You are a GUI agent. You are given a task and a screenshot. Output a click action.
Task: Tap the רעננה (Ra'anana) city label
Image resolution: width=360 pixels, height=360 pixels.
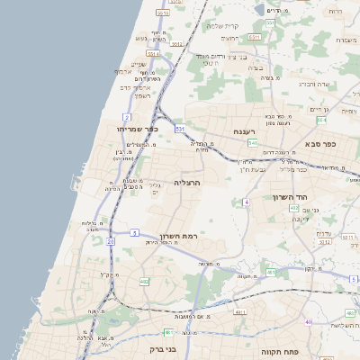(246, 132)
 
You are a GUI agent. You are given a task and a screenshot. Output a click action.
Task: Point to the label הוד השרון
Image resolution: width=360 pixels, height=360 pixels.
(291, 197)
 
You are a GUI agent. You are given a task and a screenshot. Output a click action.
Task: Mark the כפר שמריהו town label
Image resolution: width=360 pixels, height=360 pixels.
(138, 129)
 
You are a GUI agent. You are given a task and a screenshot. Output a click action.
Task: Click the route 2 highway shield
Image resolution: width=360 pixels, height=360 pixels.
(127, 117)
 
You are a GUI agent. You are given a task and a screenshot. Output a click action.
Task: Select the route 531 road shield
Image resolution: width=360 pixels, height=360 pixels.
(180, 130)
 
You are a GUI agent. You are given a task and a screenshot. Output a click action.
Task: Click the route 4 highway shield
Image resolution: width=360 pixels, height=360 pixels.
(246, 202)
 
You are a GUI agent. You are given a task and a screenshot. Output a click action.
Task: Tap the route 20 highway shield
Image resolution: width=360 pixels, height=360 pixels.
(111, 241)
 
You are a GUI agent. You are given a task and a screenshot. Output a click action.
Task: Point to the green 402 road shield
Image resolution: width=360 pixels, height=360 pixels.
(294, 209)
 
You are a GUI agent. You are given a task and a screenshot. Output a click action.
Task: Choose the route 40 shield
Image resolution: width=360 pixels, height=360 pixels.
(308, 321)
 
